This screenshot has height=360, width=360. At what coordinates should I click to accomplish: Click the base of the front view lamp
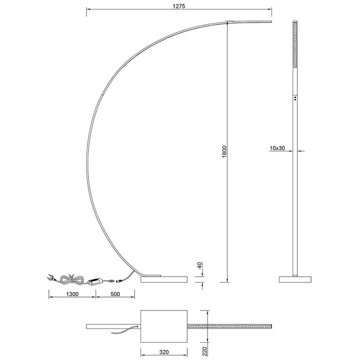pyautogui.click(x=295, y=280)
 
